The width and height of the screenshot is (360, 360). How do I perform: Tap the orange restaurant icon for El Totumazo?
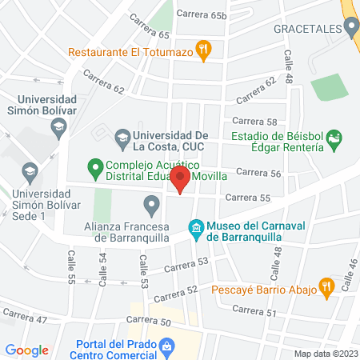[204, 49]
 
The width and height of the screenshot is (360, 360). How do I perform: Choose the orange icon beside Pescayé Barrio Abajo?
[326, 286]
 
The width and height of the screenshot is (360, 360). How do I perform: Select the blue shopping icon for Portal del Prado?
[166, 347]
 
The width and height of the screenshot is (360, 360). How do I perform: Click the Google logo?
[27, 350]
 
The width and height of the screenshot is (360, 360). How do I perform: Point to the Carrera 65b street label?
[202, 14]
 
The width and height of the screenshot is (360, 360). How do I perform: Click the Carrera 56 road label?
[258, 172]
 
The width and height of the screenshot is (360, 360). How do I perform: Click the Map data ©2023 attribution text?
[326, 353]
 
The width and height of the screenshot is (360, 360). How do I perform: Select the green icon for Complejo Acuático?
[94, 169]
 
